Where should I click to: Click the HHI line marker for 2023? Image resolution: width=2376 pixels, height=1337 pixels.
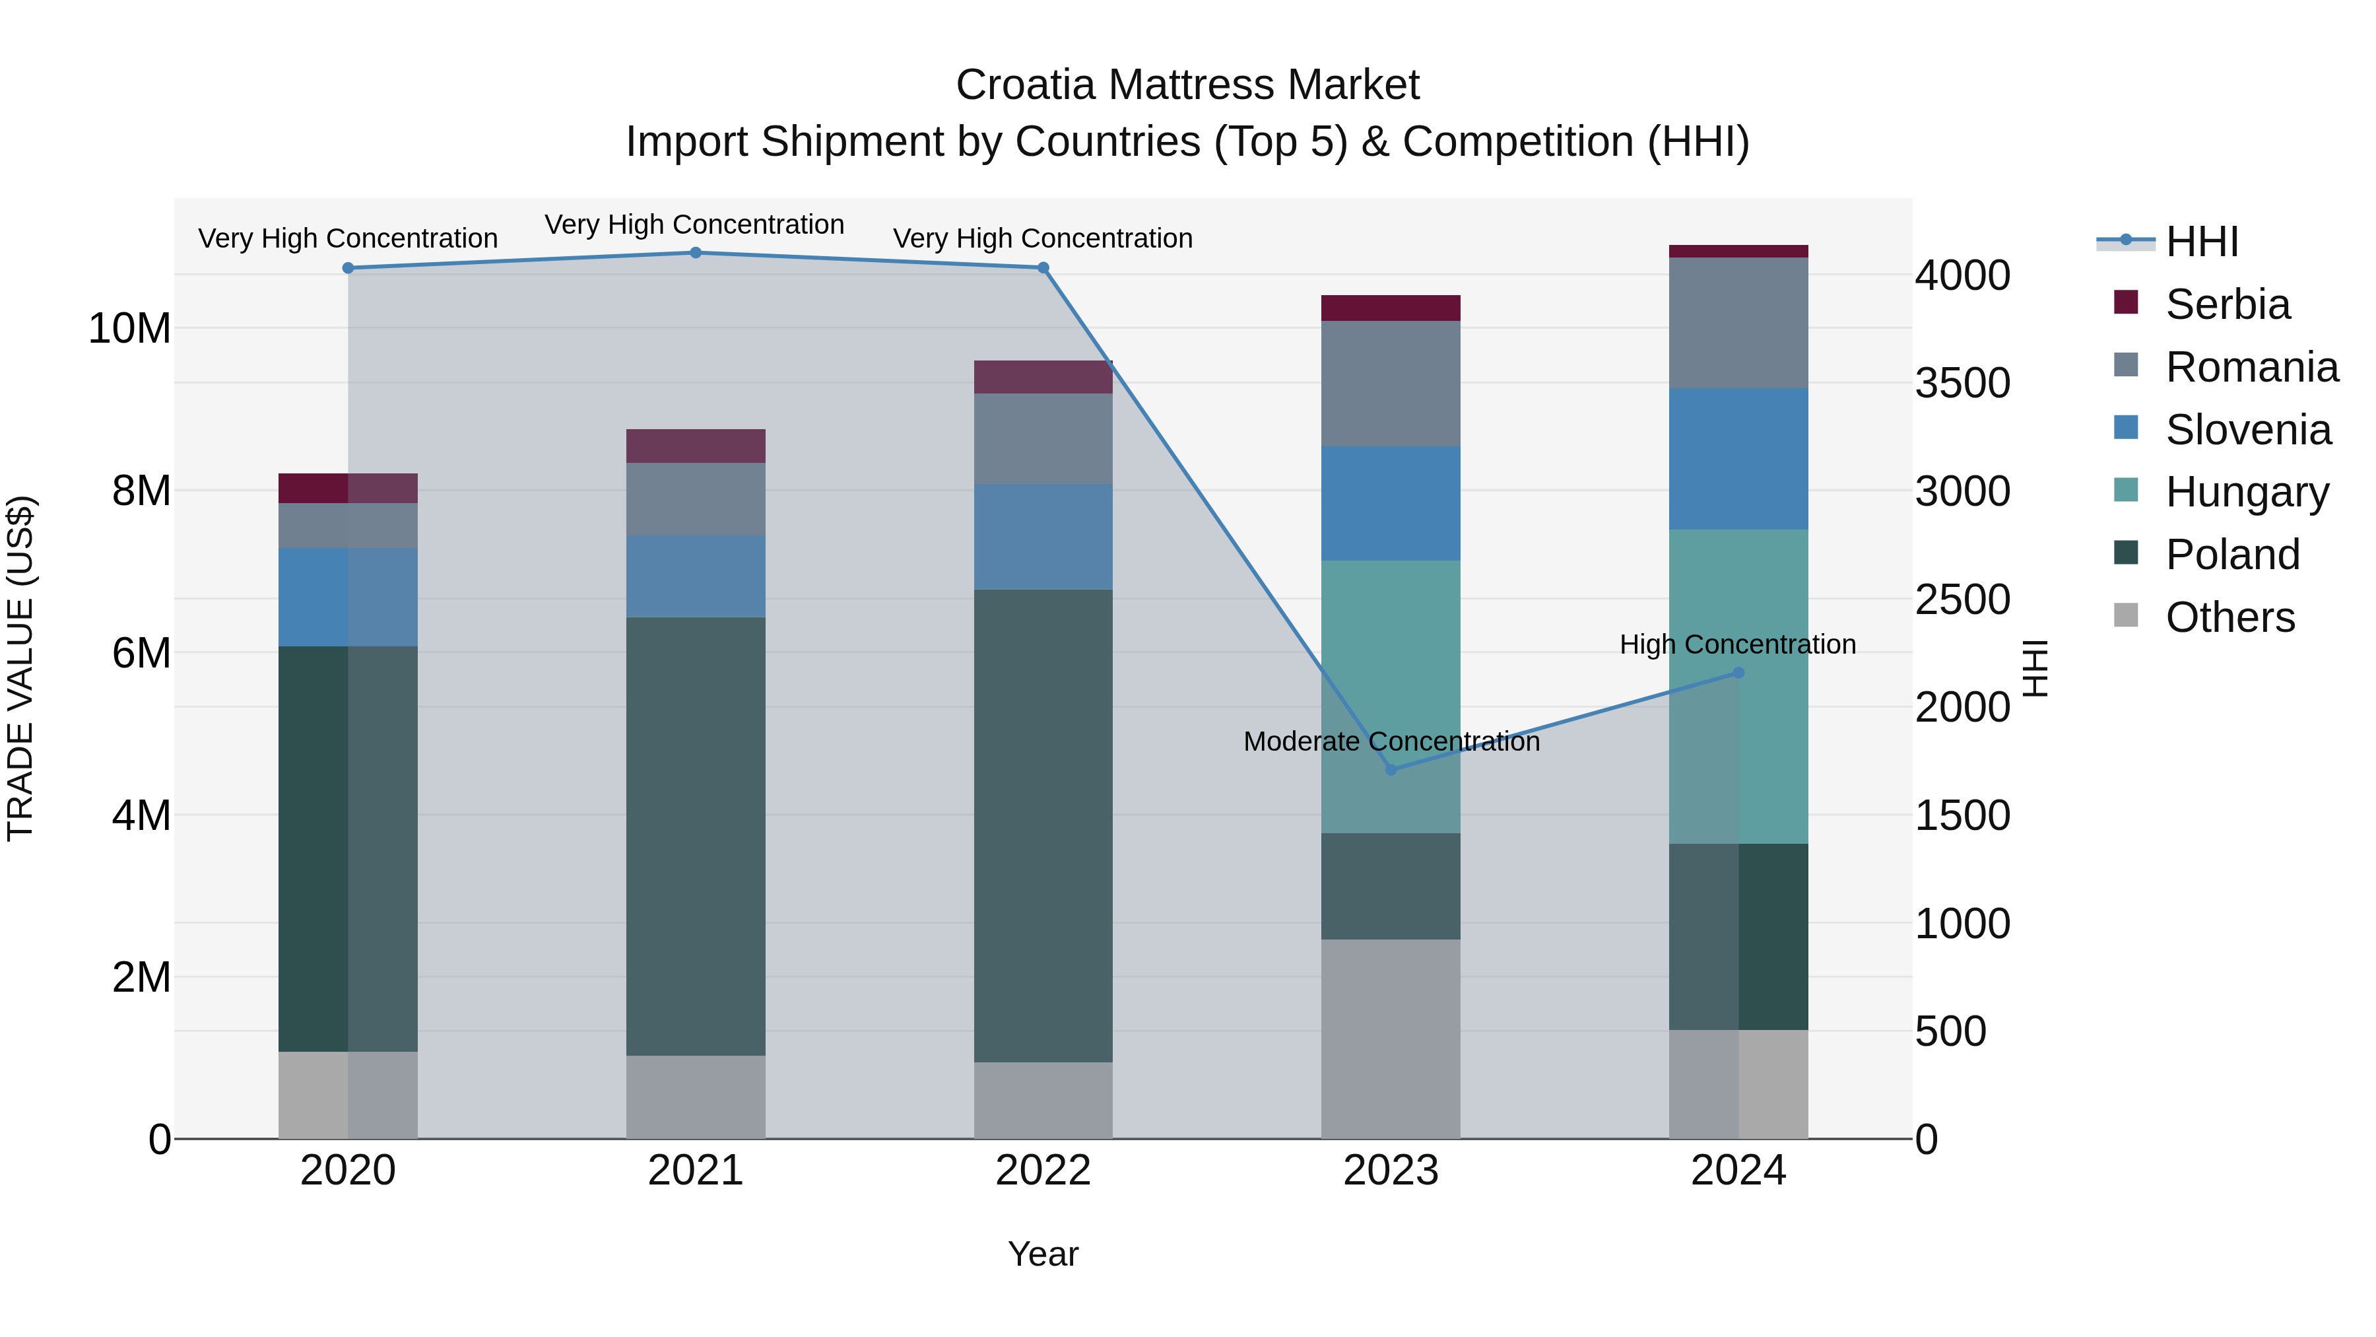(x=1391, y=769)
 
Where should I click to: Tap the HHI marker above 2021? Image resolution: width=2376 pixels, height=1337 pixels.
(x=696, y=253)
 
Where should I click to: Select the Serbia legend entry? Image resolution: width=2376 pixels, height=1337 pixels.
(x=2227, y=304)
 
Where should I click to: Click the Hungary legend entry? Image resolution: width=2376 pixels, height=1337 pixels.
(x=2246, y=493)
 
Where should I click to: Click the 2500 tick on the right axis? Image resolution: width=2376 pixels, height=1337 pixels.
(x=1962, y=600)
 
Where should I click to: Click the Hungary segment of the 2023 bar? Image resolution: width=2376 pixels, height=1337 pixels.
(x=1391, y=697)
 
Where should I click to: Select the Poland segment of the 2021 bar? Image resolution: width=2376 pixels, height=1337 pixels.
(x=696, y=835)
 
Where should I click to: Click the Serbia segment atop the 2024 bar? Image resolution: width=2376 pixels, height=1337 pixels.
(x=1738, y=251)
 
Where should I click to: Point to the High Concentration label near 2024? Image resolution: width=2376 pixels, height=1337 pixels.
(x=1737, y=644)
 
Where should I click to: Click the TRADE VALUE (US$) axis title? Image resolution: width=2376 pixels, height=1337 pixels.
(x=20, y=668)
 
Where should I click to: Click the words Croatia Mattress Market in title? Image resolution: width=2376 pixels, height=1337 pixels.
(x=1187, y=85)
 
